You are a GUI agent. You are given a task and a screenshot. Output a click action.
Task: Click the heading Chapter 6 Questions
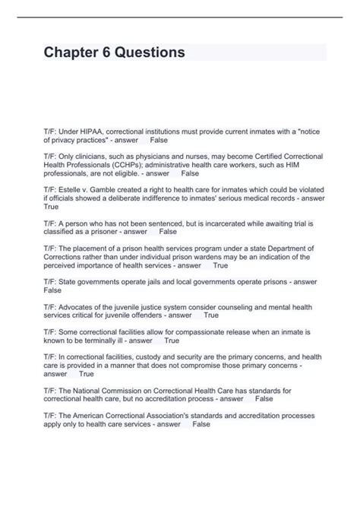[115, 52]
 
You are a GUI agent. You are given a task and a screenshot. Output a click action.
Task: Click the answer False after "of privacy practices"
[159, 141]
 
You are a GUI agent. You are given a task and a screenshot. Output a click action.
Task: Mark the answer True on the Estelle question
[52, 206]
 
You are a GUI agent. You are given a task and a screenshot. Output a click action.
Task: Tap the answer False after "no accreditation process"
[264, 398]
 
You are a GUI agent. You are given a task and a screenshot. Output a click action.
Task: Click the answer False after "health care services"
[201, 423]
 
